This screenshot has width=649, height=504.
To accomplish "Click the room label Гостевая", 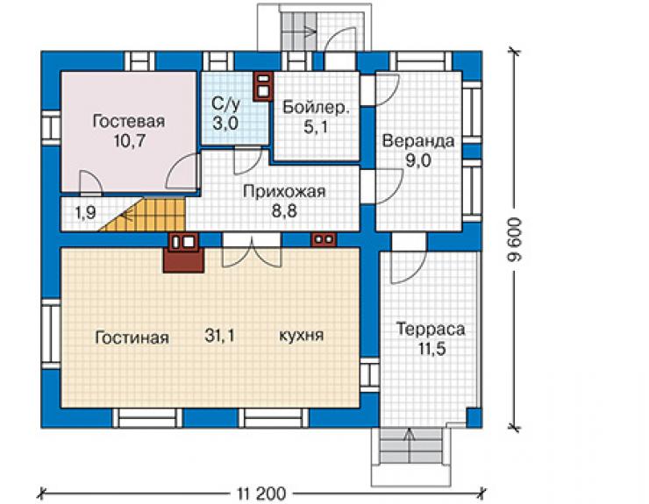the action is click(129, 121).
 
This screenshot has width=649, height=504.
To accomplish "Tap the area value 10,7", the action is click(130, 141).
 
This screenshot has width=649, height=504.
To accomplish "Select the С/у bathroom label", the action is click(225, 104).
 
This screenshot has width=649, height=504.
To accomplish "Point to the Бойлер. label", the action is click(316, 107).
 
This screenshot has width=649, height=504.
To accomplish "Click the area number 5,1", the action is click(316, 126).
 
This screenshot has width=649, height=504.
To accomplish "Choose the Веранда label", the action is click(418, 141).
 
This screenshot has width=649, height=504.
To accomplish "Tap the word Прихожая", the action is click(284, 192).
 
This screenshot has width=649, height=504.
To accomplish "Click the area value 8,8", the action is click(284, 211).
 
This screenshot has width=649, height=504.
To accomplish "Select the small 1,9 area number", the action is click(85, 213).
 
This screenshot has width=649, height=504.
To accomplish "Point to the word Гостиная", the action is click(132, 337).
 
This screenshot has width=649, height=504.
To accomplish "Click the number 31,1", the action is click(219, 335).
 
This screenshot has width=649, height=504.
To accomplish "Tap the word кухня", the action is click(302, 335).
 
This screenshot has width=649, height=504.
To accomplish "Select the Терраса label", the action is click(431, 329).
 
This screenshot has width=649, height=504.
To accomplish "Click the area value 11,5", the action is click(431, 349).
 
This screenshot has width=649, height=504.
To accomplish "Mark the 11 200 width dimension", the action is click(261, 493).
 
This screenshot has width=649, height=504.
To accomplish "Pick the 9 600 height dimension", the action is click(516, 240).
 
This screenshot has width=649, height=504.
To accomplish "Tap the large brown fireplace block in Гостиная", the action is click(184, 260).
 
